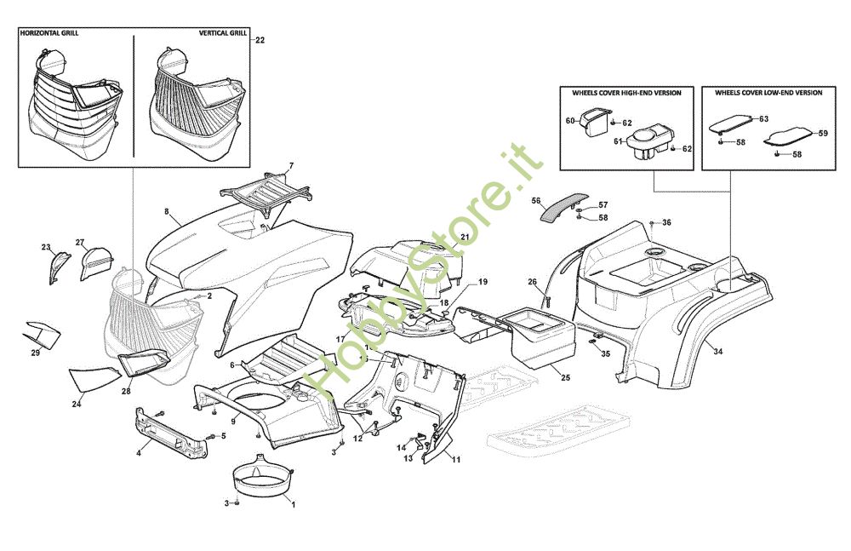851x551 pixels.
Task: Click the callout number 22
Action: point(260,40)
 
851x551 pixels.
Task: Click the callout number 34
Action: point(718,351)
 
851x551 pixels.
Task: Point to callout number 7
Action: point(290,165)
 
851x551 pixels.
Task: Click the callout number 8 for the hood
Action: point(167,209)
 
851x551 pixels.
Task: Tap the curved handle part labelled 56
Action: point(564,205)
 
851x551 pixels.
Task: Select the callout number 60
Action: point(570,121)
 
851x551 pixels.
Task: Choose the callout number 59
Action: point(822,134)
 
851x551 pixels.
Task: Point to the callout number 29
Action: point(35,353)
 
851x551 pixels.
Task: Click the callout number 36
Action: point(666,222)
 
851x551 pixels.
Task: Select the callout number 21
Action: point(465,236)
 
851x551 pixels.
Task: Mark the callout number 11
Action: point(456,460)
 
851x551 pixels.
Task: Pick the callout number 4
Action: point(138,452)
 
